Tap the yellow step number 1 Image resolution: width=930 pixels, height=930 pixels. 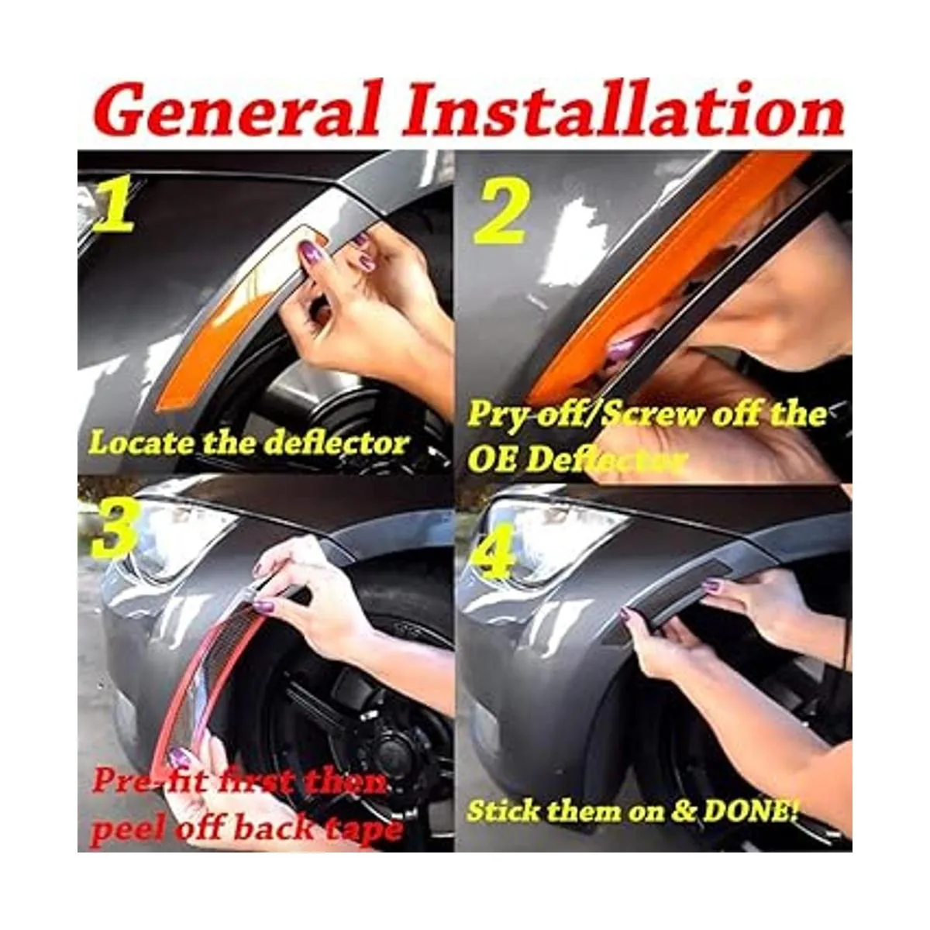[115, 207]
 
